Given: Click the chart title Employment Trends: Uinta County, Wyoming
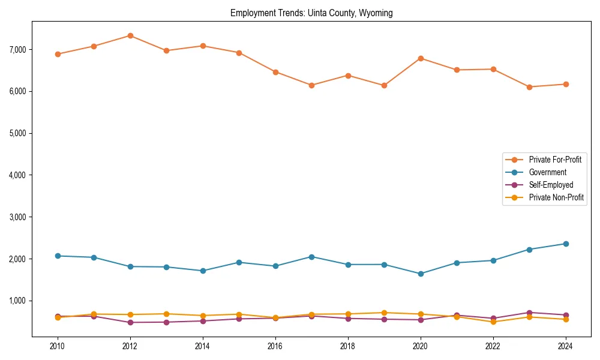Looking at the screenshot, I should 311,13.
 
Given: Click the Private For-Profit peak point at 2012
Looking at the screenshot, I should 130,36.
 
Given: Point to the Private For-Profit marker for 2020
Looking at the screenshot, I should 421,58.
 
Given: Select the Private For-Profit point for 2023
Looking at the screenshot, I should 529,87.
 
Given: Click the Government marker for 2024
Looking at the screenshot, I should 566,244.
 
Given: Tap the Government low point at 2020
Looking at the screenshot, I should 421,274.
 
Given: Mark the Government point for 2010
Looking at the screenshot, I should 58,256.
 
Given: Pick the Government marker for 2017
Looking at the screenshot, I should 311,257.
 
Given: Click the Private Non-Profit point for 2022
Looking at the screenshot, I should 493,322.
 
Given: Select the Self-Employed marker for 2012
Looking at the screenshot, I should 130,322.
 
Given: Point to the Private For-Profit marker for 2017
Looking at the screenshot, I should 311,85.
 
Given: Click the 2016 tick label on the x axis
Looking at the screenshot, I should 275,346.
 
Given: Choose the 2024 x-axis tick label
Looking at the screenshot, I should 566,346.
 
